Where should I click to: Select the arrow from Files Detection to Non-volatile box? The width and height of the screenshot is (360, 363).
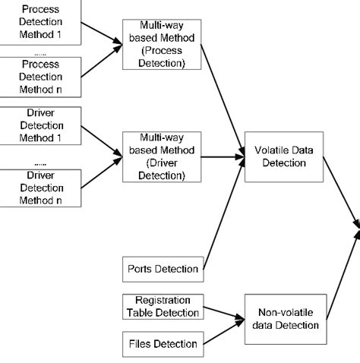click(x=220, y=333)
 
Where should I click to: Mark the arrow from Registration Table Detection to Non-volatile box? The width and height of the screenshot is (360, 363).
click(x=220, y=311)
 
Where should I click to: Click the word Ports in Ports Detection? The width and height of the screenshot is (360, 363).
click(x=141, y=268)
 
